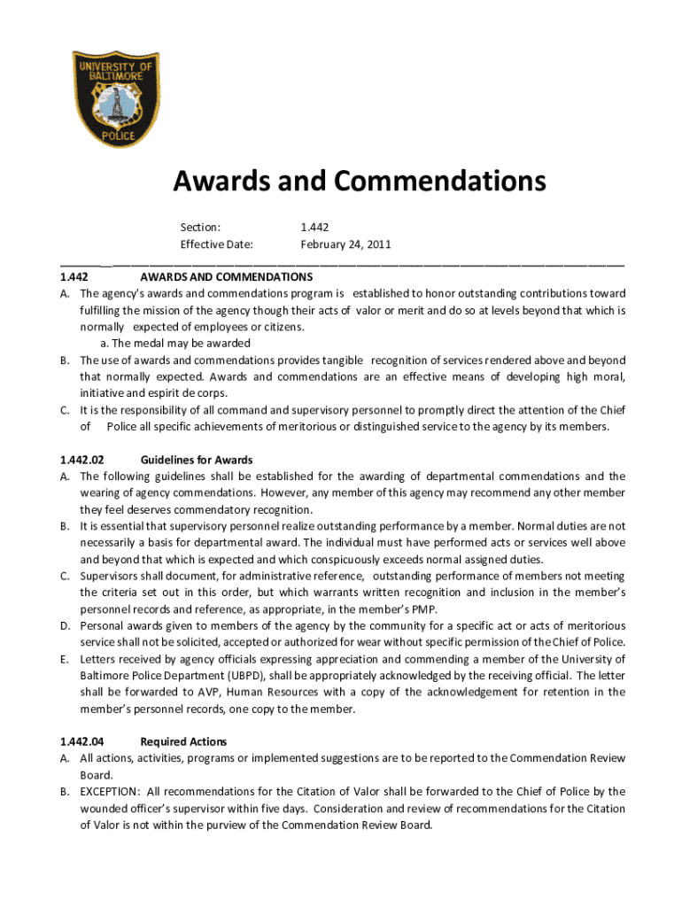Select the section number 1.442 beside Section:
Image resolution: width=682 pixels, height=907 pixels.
[x=315, y=228]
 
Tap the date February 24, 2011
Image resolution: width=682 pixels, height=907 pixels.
[x=345, y=244]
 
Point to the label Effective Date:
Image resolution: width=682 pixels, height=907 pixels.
[x=217, y=244]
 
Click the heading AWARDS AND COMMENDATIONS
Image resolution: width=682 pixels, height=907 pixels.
[x=227, y=277]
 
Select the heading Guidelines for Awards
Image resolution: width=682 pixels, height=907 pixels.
[x=197, y=460]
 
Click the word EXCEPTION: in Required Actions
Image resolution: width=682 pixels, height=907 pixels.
[x=110, y=792]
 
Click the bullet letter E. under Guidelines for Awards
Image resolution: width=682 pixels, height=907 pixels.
[x=65, y=659]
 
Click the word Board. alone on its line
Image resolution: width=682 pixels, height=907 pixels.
[x=95, y=774]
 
